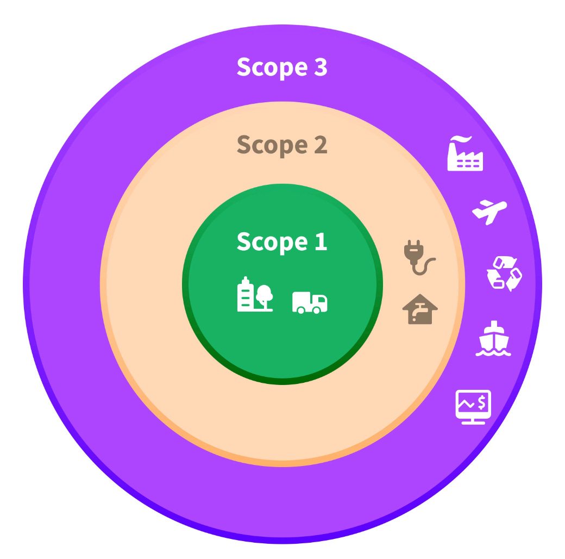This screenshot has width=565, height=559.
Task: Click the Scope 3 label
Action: [x=282, y=67]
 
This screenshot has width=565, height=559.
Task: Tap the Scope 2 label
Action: [x=282, y=145]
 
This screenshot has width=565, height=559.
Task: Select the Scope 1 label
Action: [x=282, y=241]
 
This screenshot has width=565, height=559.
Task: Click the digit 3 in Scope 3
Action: [x=321, y=67]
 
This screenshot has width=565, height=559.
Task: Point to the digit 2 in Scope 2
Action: [x=321, y=145]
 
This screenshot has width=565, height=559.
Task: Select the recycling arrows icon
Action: [x=504, y=273]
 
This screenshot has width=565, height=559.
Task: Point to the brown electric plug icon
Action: [x=419, y=259]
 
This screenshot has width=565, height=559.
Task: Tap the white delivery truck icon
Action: [x=310, y=302]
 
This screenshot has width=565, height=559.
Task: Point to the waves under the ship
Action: [x=493, y=352]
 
